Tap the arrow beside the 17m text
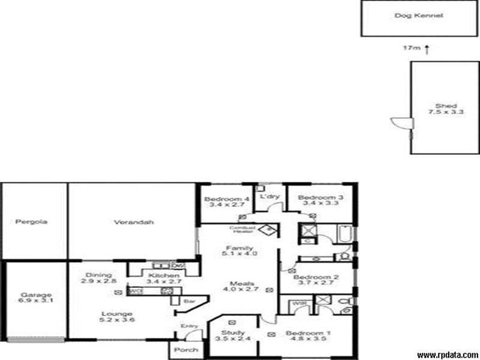(427, 49)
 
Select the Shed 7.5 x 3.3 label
(438, 109)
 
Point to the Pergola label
(32, 222)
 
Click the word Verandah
(134, 222)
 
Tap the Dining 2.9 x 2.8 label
(99, 278)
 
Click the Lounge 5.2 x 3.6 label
(117, 317)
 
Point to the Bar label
(188, 300)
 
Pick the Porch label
(182, 350)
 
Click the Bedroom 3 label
(320, 198)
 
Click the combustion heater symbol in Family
(269, 229)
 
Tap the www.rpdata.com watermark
(448, 355)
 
